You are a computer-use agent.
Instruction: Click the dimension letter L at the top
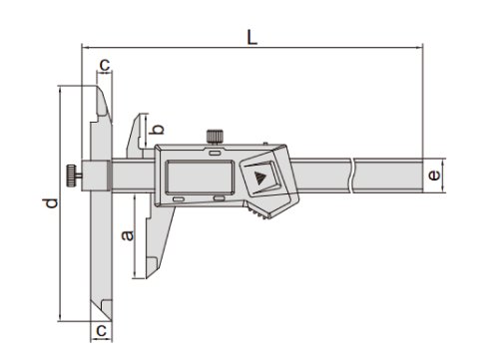point(251,37)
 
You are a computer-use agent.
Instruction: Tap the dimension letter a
point(126,235)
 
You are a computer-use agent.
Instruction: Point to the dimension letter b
point(155,127)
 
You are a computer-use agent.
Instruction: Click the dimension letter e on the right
point(431,177)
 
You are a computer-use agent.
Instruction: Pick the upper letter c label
point(103,66)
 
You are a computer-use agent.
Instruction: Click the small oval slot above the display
point(216,153)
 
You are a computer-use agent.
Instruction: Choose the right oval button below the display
point(218,200)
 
